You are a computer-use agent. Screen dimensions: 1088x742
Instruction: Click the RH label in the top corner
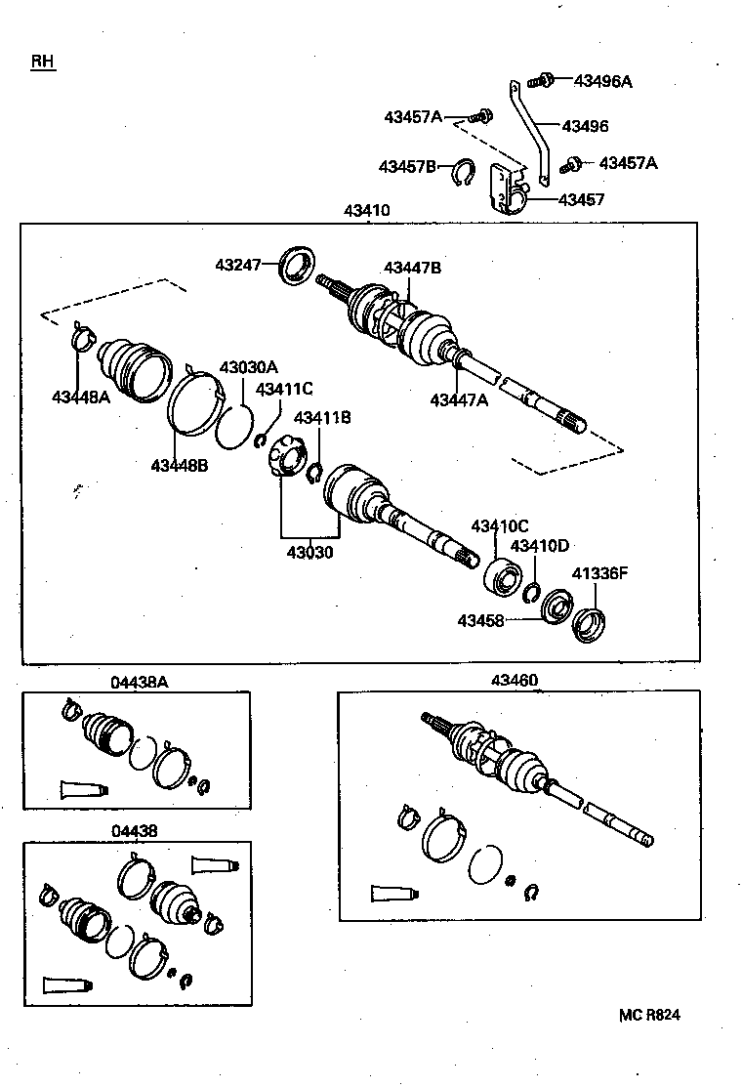(42, 62)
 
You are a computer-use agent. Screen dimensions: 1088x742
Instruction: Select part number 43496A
(602, 82)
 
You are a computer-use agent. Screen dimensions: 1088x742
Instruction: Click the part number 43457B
(407, 167)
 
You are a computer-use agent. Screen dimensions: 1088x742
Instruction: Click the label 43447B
(412, 268)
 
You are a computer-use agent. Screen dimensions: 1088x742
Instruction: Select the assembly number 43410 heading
(366, 210)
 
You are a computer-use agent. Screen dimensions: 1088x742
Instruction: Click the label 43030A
(248, 367)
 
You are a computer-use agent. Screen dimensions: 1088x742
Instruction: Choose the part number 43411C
(284, 389)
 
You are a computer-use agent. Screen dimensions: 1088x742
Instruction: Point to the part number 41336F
(599, 573)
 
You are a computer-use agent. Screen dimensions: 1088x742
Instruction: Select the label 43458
(480, 619)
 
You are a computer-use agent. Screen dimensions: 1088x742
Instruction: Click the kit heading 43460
(515, 680)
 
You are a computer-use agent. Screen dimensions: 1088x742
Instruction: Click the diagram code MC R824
(648, 1016)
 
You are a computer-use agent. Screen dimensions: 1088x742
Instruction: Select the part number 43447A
(459, 399)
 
